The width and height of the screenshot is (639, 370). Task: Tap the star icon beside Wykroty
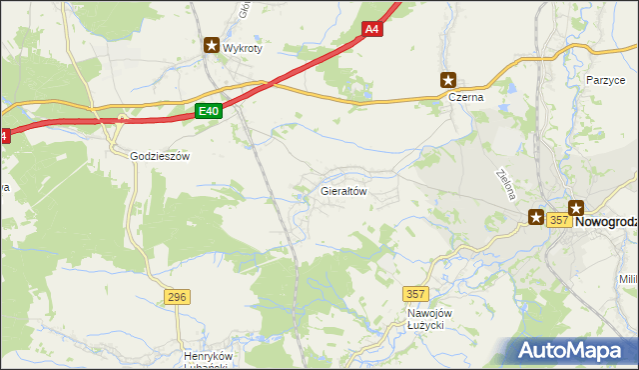212,45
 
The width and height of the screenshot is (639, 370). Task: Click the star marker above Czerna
448,80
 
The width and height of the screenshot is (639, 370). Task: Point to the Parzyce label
605,79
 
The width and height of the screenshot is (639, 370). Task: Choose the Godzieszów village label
160,156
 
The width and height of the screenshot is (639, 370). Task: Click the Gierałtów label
344,189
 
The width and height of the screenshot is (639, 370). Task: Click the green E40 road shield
208,111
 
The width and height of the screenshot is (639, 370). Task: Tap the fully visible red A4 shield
371,30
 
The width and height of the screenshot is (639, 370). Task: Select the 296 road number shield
177,296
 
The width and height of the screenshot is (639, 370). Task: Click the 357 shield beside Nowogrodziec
559,220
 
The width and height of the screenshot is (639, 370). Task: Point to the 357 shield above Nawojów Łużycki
416,293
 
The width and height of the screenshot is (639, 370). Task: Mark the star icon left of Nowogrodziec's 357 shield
536,216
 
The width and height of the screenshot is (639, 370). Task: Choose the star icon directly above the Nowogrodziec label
576,207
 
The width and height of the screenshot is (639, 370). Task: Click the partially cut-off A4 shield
3,136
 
